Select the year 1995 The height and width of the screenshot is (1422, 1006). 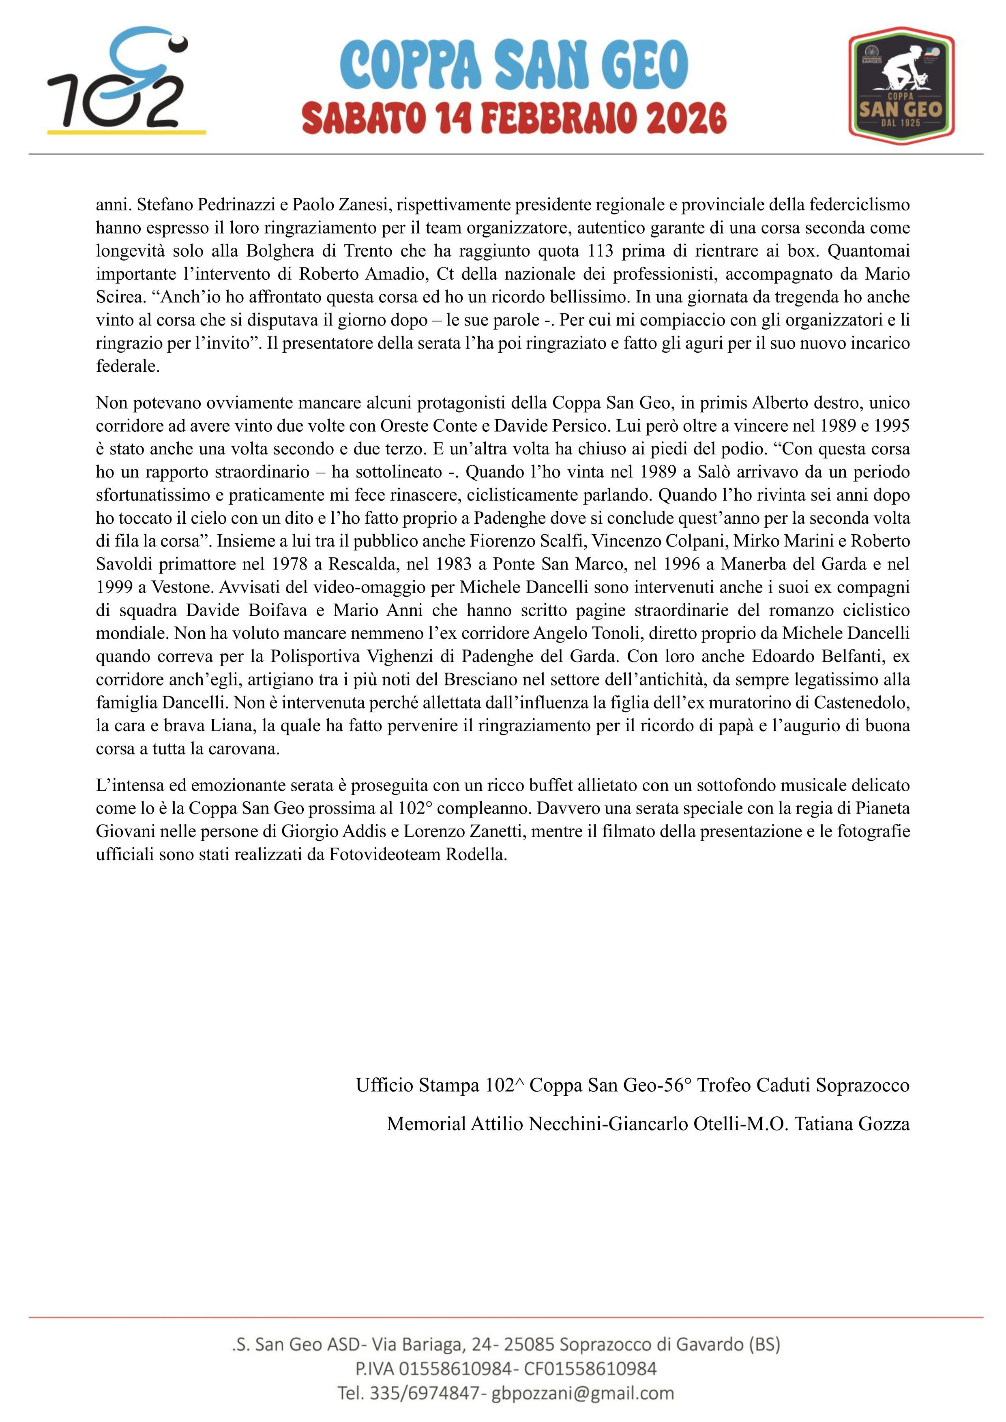point(890,426)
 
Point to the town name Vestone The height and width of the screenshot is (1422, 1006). point(183,587)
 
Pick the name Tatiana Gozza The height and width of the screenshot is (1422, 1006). point(852,1124)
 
